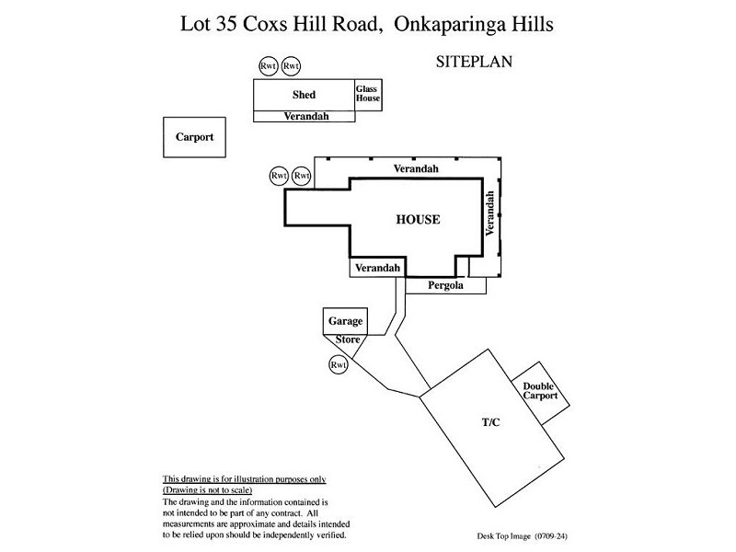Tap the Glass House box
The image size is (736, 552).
[368, 94]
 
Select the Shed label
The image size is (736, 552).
[304, 95]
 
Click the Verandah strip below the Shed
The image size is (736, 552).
[304, 117]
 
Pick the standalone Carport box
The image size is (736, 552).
[194, 137]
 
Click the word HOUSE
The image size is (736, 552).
[418, 220]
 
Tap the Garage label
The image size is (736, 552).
[345, 322]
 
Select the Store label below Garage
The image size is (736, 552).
[347, 339]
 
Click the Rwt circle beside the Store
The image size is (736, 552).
[339, 365]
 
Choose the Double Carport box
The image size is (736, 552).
[539, 392]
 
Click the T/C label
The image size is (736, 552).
[489, 421]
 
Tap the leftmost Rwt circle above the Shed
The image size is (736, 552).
[269, 66]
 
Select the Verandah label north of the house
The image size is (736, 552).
[416, 169]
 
